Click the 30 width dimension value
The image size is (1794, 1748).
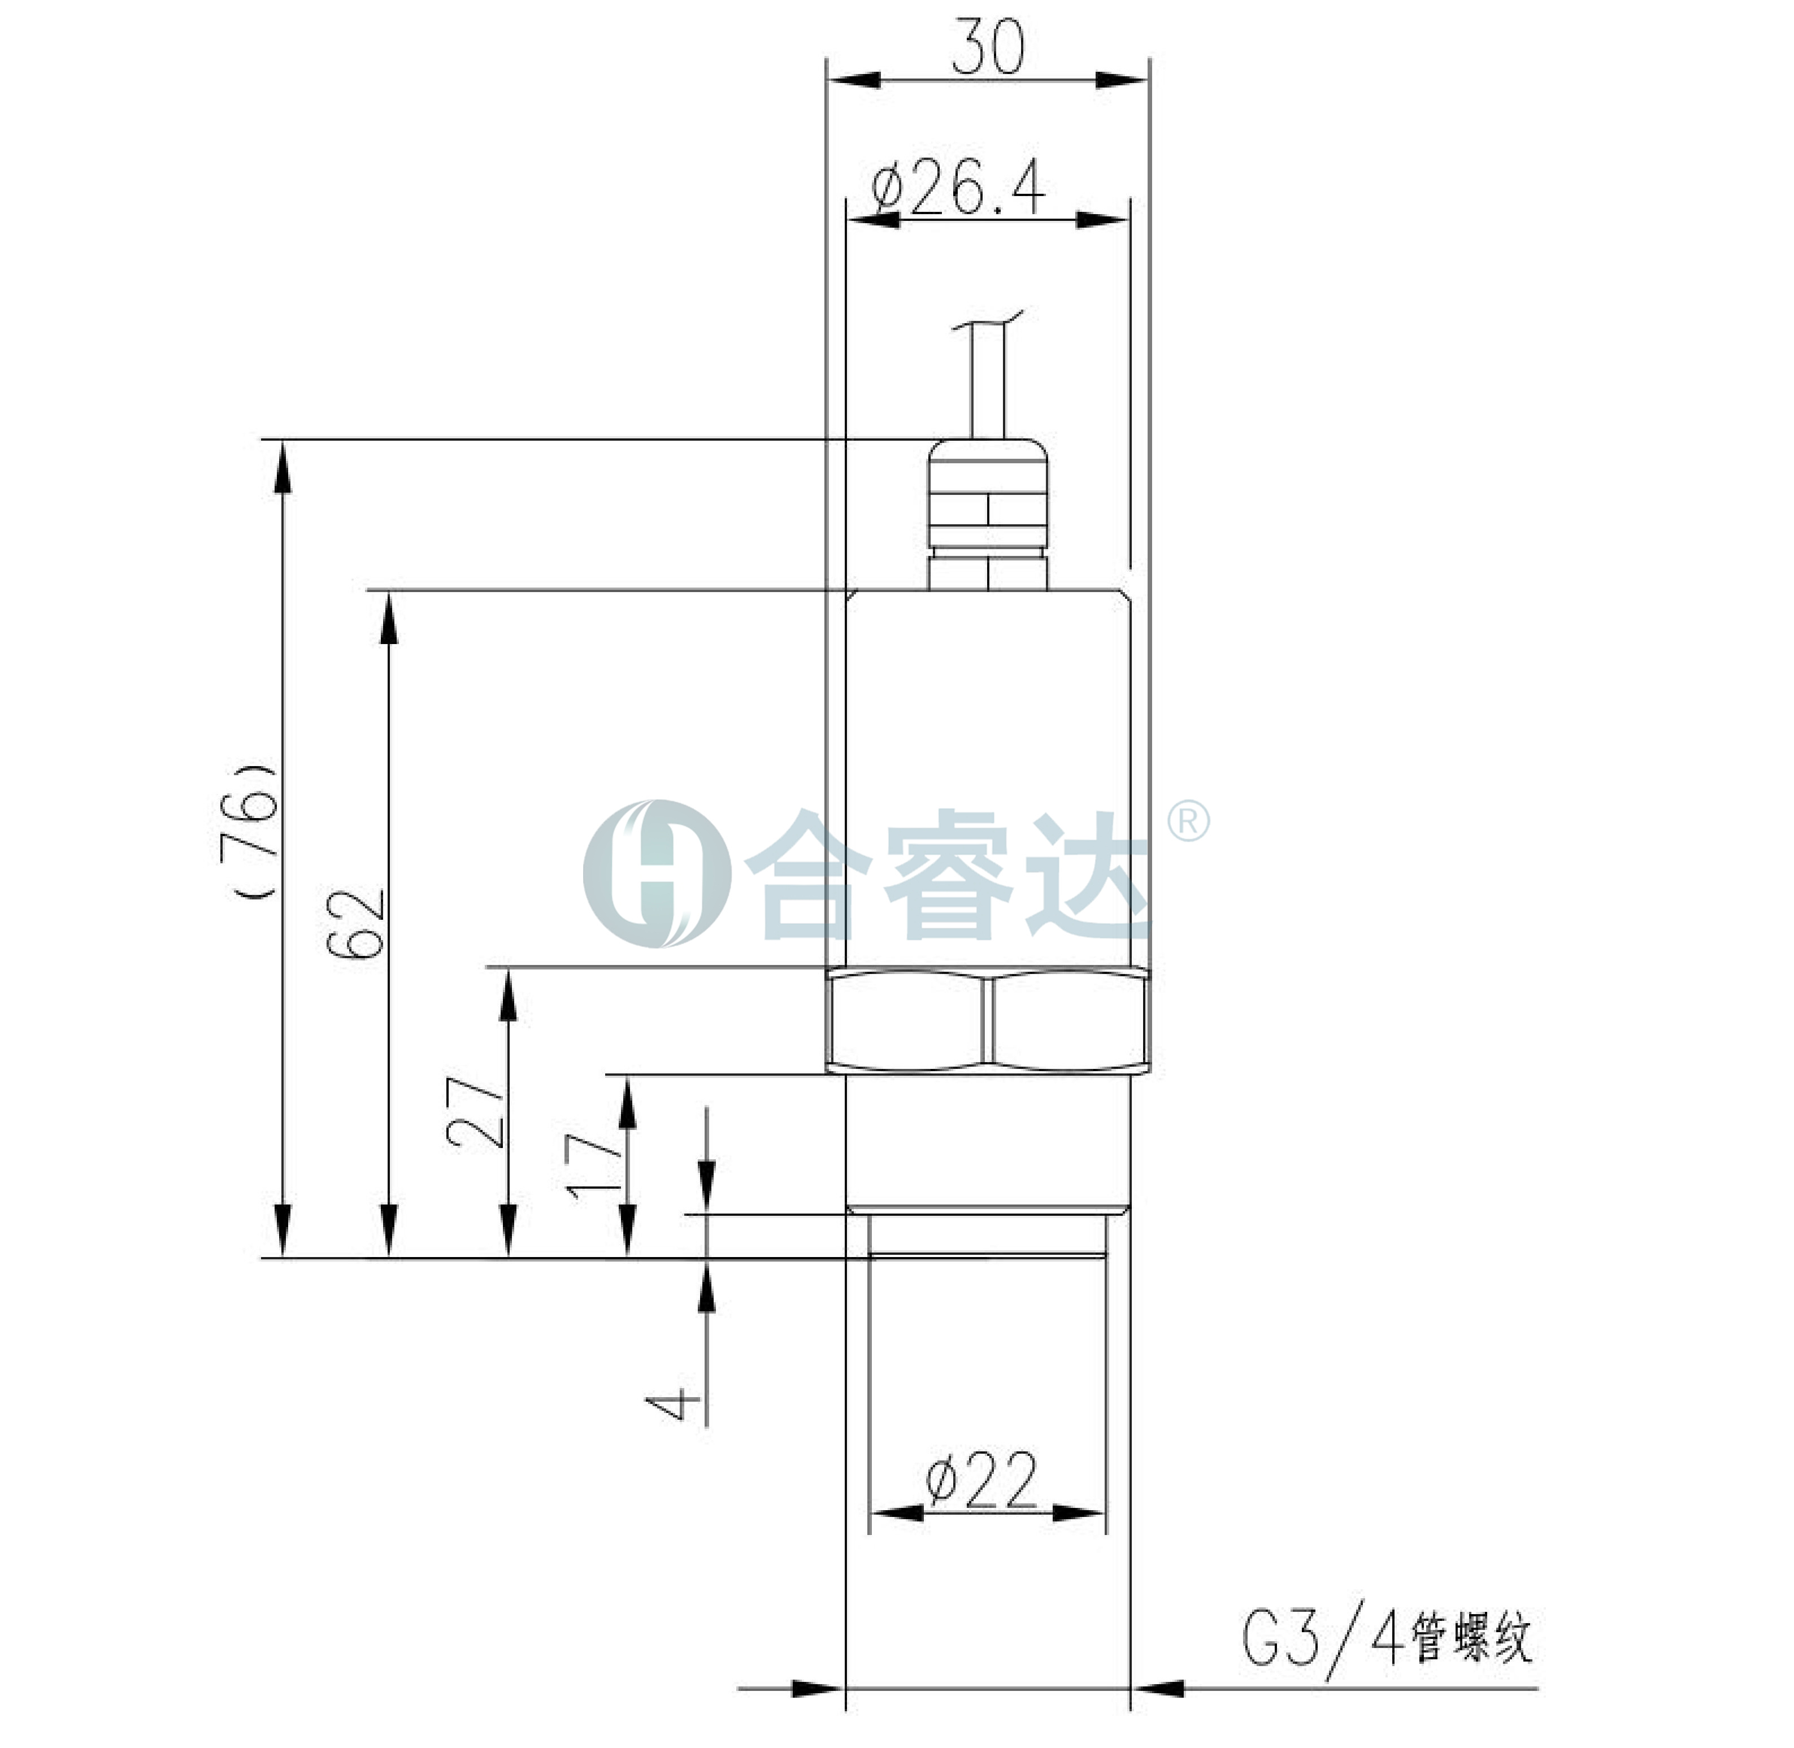[x=987, y=46]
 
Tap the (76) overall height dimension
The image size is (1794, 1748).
[x=249, y=831]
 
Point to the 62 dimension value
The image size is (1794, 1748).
[x=356, y=924]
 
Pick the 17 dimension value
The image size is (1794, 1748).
[x=594, y=1166]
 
